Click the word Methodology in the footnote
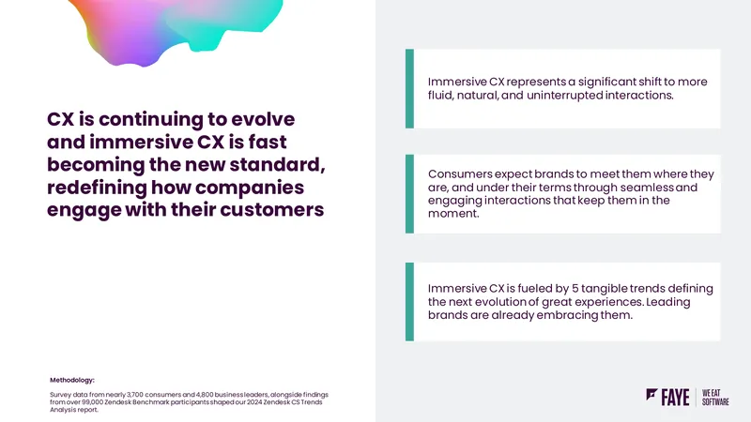[72, 380]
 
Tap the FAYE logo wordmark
[675, 397]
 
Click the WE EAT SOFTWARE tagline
[715, 398]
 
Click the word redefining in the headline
[97, 188]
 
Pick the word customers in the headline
[272, 209]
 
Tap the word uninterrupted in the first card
[565, 96]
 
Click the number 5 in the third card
[575, 289]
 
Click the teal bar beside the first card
[409, 88]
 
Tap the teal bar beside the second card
[409, 194]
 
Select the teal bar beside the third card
[409, 301]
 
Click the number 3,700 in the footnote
[134, 395]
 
